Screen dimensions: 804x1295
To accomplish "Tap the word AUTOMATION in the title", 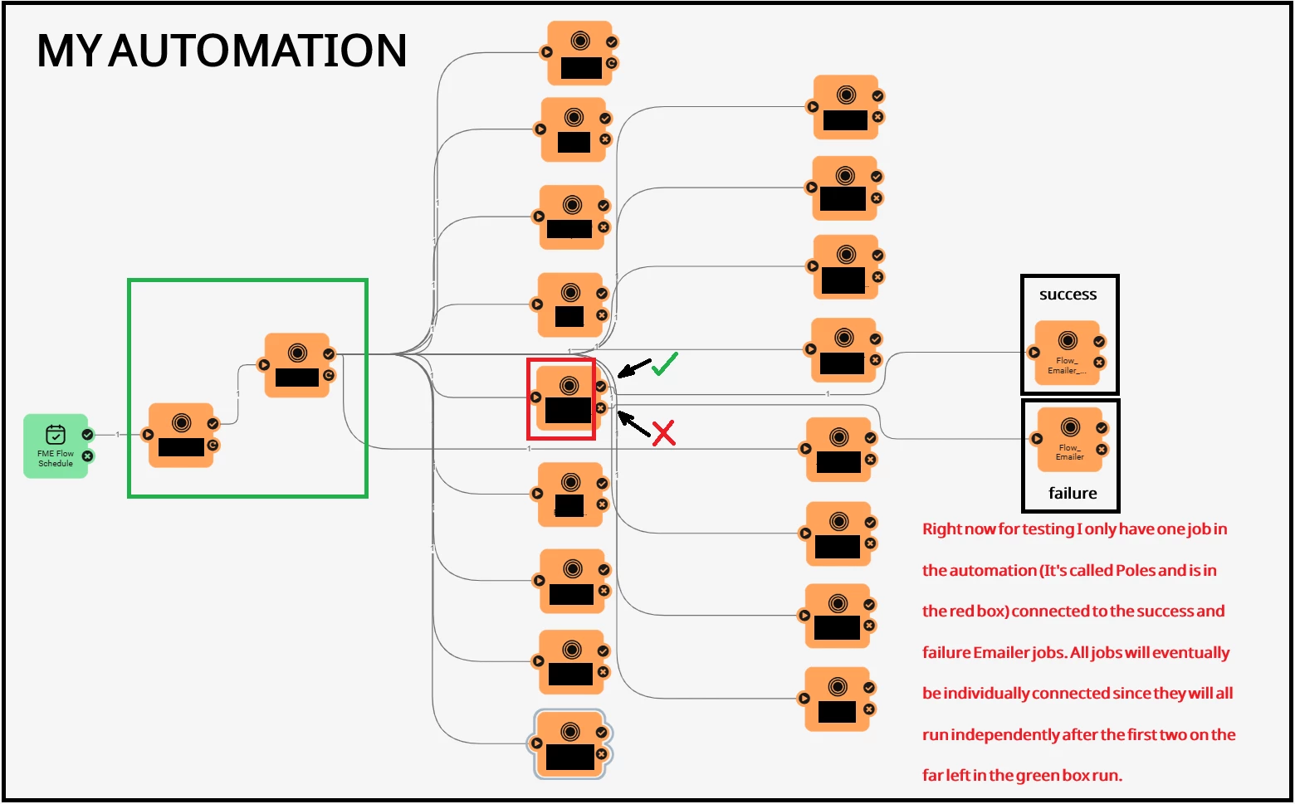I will coord(257,51).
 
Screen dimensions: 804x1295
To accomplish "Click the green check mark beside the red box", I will coord(665,363).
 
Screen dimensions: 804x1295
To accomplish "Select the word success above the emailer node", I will coord(1068,295).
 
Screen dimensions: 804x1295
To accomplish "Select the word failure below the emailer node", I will coord(1073,493).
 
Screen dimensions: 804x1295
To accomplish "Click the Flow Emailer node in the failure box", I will coord(1070,440).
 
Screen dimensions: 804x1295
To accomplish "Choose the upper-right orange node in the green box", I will coord(297,366).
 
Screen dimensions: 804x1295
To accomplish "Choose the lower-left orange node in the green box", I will coord(181,436).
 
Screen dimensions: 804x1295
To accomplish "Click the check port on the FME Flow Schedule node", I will coord(87,434).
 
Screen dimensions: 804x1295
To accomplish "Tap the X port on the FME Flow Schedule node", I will coord(87,456).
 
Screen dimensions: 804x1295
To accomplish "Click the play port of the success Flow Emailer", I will coord(1034,352).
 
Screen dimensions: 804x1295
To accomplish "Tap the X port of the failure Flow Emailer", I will coord(1102,450).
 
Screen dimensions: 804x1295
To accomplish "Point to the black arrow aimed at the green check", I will coord(635,368).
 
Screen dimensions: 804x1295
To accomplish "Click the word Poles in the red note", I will coord(1135,570).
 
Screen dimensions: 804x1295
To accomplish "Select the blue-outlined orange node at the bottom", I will coord(569,744).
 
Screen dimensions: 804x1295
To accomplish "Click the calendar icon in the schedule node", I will coord(56,434).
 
